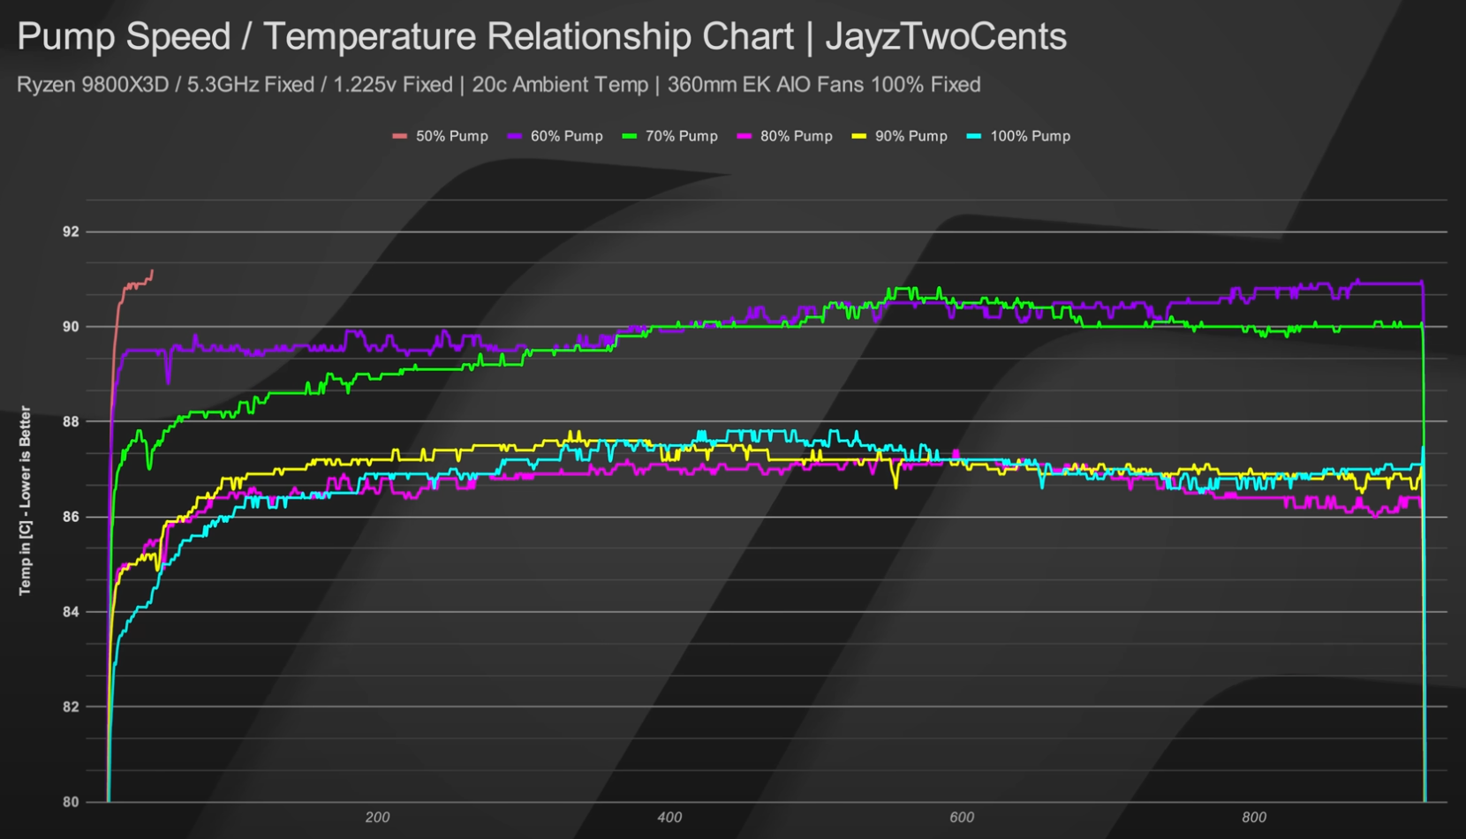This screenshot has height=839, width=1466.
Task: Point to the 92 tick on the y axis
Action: (71, 231)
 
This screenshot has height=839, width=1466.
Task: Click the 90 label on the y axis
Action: (71, 327)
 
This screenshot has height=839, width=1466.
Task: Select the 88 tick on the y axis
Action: (71, 422)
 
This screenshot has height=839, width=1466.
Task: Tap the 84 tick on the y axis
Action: (71, 612)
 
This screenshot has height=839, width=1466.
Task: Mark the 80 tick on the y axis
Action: (71, 802)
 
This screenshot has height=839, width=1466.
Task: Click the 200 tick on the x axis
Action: (377, 818)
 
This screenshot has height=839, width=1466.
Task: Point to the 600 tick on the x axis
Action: (962, 818)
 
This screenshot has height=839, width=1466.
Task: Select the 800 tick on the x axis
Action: (1254, 818)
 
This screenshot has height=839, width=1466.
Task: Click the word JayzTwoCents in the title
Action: (946, 37)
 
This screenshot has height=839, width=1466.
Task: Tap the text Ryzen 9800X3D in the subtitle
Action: (93, 85)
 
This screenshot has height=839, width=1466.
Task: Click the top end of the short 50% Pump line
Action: (152, 271)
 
